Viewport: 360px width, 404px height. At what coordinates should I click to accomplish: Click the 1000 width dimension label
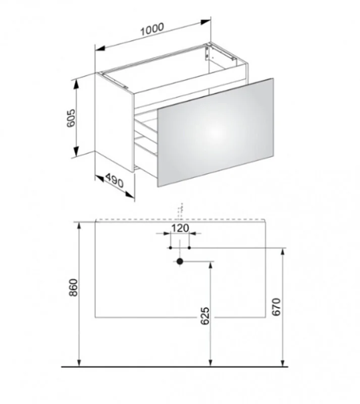click(152, 29)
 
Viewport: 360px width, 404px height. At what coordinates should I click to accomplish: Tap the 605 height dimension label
click(71, 118)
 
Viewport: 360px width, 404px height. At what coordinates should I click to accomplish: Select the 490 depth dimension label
click(114, 181)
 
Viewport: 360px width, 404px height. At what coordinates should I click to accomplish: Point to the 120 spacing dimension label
click(180, 228)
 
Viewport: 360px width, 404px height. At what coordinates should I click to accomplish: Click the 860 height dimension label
click(74, 287)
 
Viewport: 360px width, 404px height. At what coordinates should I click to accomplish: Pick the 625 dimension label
click(205, 316)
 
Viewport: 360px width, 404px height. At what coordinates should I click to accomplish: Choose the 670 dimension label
click(276, 307)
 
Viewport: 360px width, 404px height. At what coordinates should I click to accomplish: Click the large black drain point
click(180, 262)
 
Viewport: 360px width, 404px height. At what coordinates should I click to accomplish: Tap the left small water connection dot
click(170, 248)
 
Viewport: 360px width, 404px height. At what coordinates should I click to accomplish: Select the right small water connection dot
click(189, 248)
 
